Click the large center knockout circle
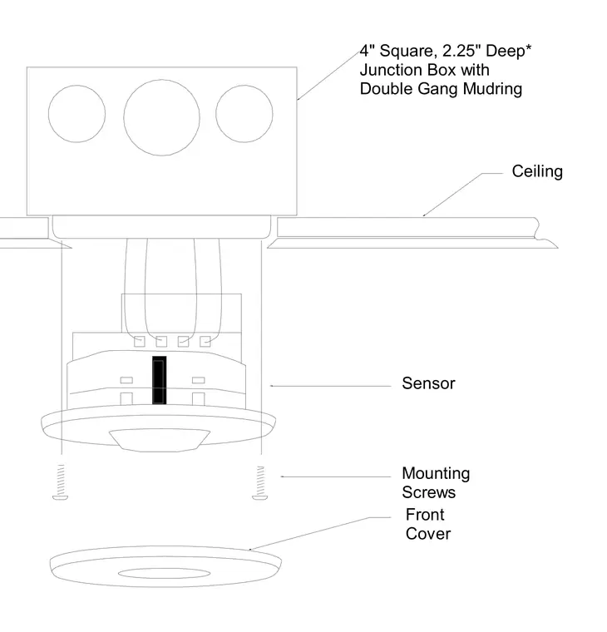[x=161, y=79]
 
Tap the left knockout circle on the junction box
[x=76, y=85]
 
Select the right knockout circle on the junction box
[x=244, y=85]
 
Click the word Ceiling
[x=537, y=171]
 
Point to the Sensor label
[x=428, y=383]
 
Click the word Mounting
[x=436, y=474]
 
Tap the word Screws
[x=429, y=492]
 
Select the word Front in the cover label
[x=425, y=515]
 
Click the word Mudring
[x=492, y=89]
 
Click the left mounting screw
[x=61, y=482]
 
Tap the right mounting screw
[x=260, y=483]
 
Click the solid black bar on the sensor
[x=159, y=380]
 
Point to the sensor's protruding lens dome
[x=160, y=440]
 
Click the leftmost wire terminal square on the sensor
[x=140, y=342]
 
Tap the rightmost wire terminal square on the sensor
[x=205, y=342]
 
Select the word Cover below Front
[x=428, y=534]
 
